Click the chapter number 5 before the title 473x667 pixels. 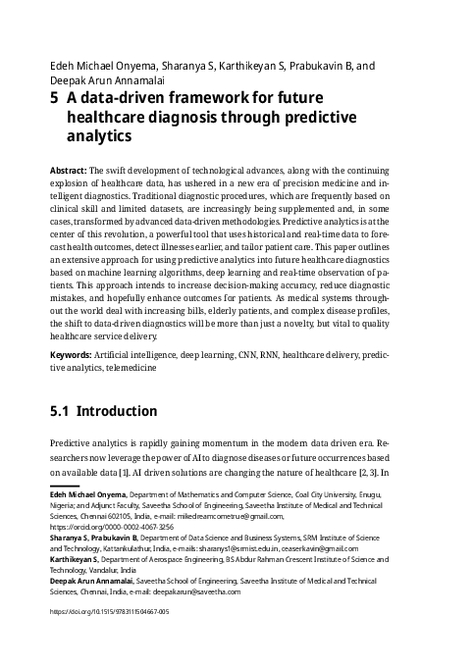point(54,98)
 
